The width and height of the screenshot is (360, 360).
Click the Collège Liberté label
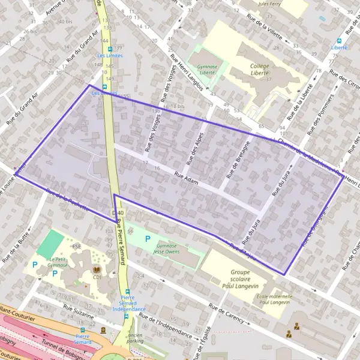click(259, 70)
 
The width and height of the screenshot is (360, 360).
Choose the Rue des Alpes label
click(196, 147)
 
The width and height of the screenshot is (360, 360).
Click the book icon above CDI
click(96, 271)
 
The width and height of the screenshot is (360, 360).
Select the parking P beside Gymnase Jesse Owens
click(148, 238)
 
